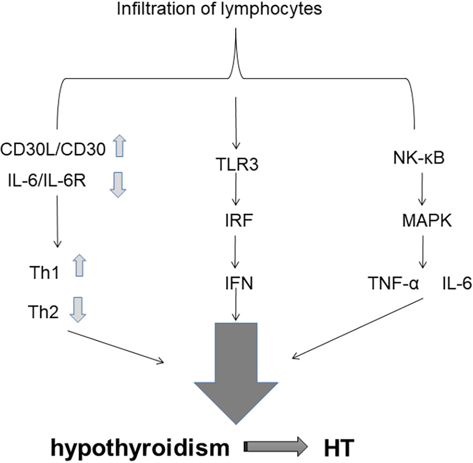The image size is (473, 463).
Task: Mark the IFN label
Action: click(x=236, y=285)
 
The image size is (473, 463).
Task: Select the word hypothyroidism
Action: click(x=140, y=448)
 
